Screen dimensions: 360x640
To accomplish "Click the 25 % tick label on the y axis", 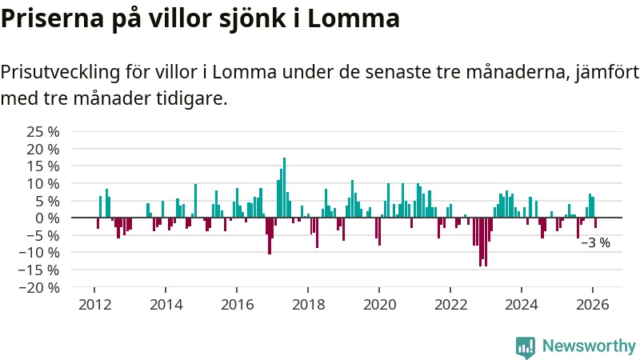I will (x=43, y=131).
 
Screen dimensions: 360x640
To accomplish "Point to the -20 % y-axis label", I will (x=40, y=287).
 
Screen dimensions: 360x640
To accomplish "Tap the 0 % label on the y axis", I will (x=48, y=218).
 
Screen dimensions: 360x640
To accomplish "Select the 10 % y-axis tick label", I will (x=43, y=183).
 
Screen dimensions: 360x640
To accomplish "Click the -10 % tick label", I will (x=40, y=253).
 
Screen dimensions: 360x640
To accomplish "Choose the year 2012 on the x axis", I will (x=94, y=305).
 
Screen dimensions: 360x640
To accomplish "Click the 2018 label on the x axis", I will (x=308, y=305).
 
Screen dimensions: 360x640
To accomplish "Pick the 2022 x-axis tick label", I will (x=450, y=305).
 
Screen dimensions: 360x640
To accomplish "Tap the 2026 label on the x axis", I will (x=593, y=305).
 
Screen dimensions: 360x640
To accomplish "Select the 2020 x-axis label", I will (x=379, y=305).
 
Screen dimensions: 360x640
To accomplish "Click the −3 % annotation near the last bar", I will (x=595, y=243).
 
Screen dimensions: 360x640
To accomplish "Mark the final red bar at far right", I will (x=595, y=223).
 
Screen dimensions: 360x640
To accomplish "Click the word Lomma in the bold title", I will (x=354, y=18).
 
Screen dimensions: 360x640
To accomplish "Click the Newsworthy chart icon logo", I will (x=526, y=346).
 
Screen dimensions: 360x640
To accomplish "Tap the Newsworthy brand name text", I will (x=589, y=346).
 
